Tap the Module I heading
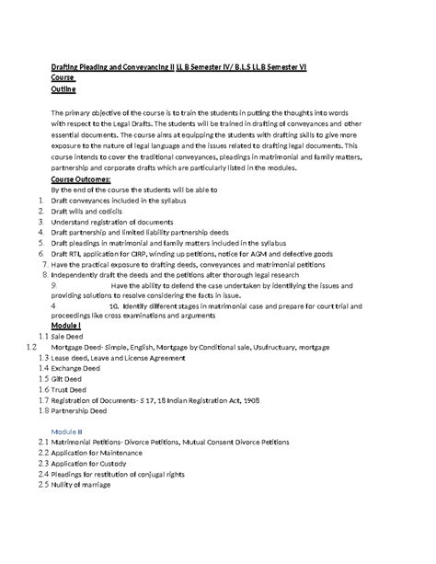(x=66, y=326)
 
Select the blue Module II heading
(x=67, y=430)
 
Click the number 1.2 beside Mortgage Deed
(x=32, y=348)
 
